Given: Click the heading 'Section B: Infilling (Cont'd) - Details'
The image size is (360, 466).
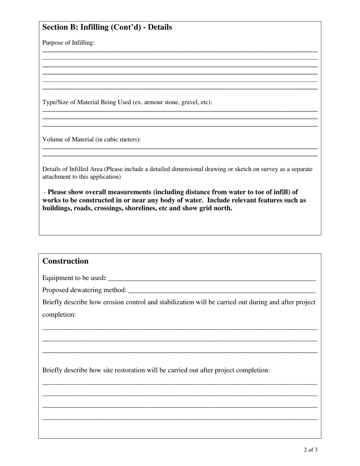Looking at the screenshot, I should pyautogui.click(x=107, y=27).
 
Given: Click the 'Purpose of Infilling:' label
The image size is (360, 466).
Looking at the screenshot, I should pyautogui.click(x=68, y=43).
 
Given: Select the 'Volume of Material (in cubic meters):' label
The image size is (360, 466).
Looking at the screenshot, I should pyautogui.click(x=91, y=139).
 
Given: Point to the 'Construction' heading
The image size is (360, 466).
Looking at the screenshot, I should pyautogui.click(x=65, y=261).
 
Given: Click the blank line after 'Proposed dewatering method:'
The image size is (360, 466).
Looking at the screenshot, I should pyautogui.click(x=222, y=291).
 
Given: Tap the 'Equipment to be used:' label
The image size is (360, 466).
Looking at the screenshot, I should pyautogui.click(x=74, y=278).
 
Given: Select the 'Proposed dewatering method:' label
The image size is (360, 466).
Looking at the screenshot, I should pyautogui.click(x=84, y=290).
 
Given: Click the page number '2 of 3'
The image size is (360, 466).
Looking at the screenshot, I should pyautogui.click(x=310, y=450).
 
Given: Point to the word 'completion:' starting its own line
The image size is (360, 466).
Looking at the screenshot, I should pyautogui.click(x=59, y=314).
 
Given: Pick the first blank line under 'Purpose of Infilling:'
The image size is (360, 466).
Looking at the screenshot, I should pyautogui.click(x=180, y=52).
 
